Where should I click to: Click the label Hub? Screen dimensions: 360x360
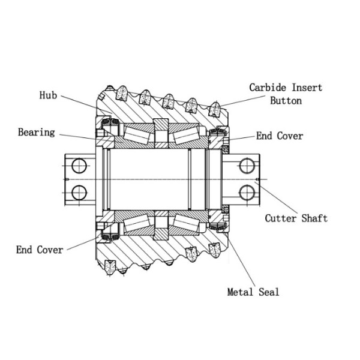(49, 95)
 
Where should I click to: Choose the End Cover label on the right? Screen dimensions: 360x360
(280, 136)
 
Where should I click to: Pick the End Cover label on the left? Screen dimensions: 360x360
(40, 250)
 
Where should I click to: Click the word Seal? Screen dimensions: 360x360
(268, 292)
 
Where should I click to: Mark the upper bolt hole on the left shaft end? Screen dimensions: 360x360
(78, 165)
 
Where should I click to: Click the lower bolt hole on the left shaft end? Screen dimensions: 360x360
(78, 192)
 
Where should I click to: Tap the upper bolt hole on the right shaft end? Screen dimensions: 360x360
(247, 165)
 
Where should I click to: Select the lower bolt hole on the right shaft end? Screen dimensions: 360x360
(247, 192)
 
